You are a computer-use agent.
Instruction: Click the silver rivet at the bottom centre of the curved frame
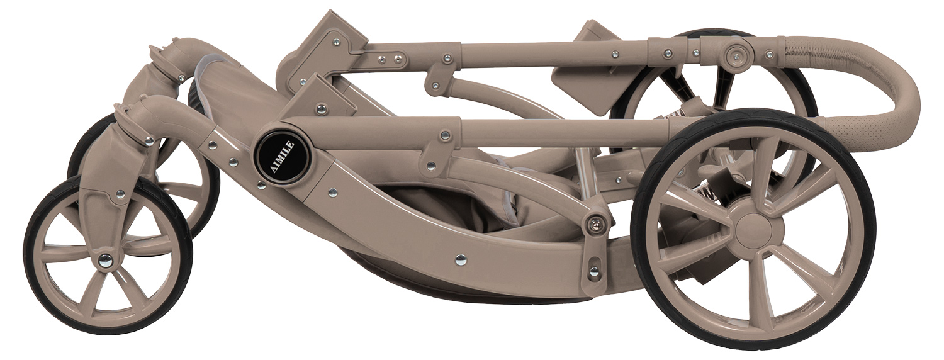pos(461,260)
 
